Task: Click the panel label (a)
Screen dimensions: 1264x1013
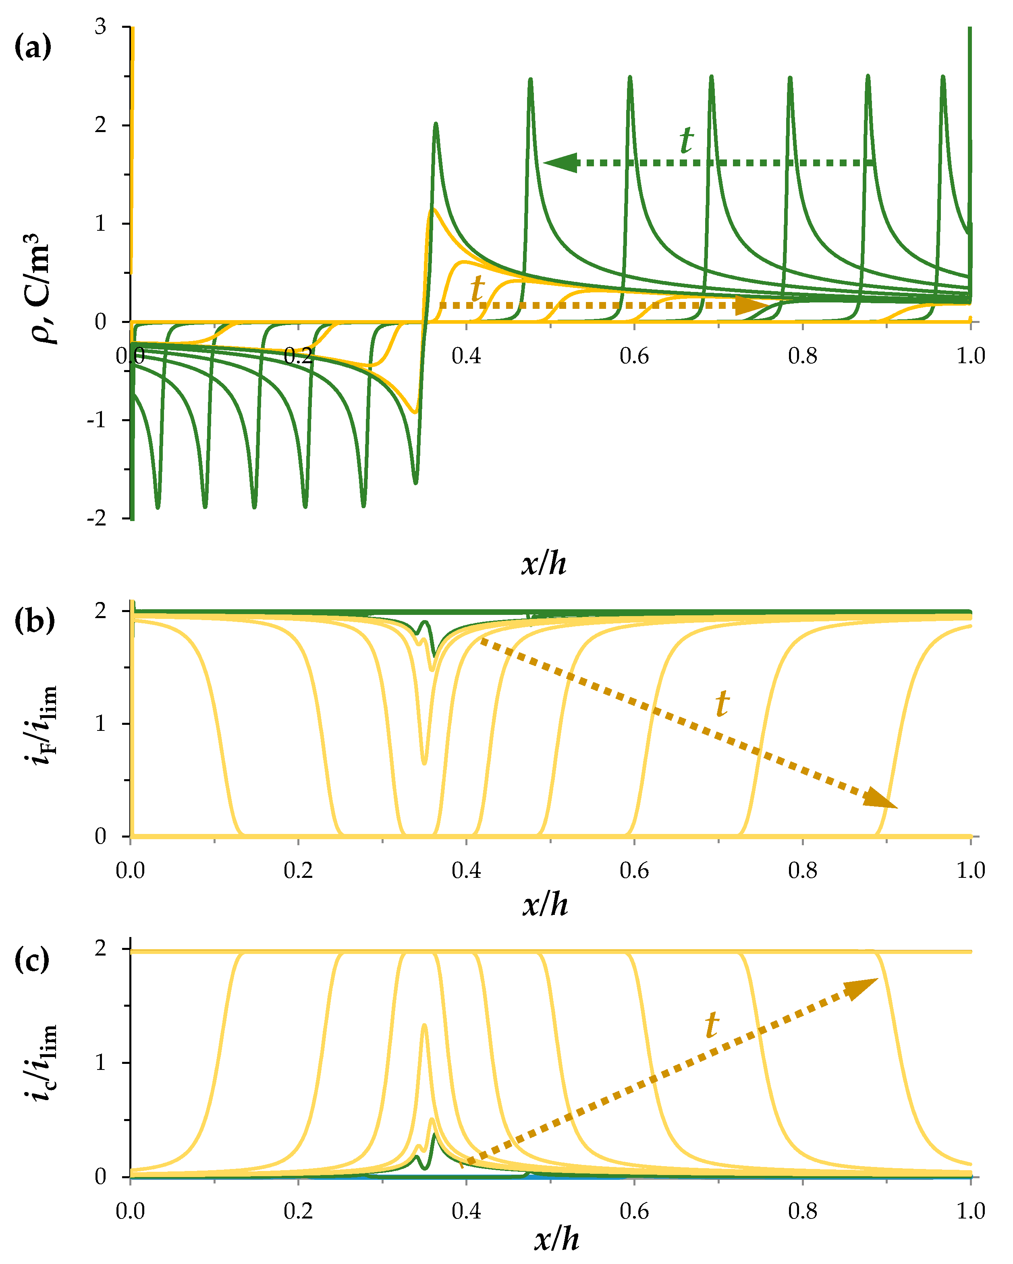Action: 33,46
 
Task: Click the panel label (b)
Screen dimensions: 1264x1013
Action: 34,620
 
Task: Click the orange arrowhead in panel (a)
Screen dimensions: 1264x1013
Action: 750,305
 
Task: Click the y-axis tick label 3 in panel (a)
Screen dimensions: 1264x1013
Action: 100,27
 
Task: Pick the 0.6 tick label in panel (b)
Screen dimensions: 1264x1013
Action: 634,870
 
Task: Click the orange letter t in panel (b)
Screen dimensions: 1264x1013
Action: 722,703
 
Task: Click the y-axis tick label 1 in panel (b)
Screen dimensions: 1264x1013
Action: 100,724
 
